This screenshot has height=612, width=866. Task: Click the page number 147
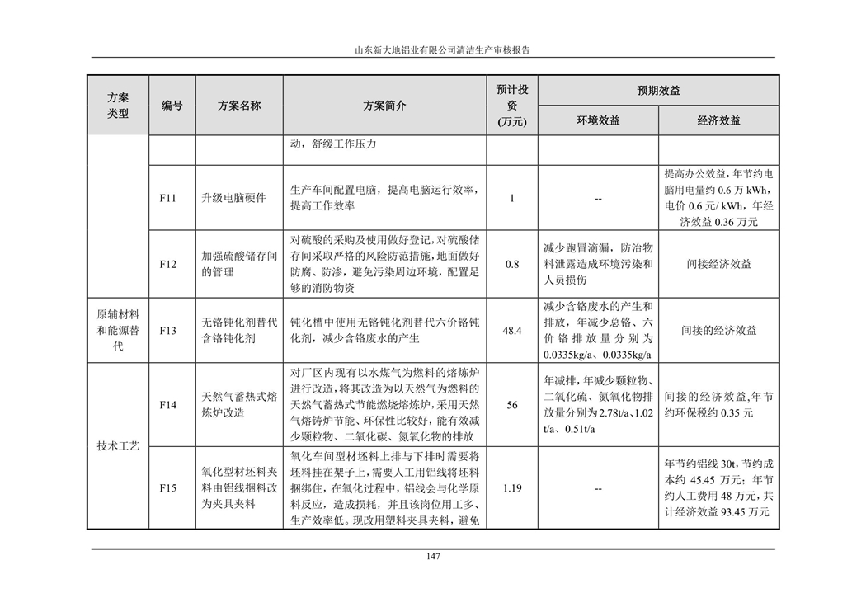432,556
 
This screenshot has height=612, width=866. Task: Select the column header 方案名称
239,106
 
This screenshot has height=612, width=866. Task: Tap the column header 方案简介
384,106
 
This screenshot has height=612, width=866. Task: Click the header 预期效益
658,91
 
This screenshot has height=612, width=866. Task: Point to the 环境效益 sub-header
598,120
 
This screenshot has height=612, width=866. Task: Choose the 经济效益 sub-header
718,120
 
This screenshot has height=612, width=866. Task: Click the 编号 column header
172,106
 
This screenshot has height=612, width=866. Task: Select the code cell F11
168,198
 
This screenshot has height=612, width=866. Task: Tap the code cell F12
168,265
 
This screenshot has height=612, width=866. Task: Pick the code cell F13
168,330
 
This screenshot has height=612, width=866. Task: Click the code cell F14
168,405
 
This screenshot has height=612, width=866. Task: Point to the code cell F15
168,488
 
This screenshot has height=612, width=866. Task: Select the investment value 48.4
512,330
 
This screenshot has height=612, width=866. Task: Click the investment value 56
512,405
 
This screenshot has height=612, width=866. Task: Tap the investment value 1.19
512,488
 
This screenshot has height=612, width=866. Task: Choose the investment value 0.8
512,265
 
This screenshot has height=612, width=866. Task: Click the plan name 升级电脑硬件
233,198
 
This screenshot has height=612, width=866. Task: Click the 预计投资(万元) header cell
512,106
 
